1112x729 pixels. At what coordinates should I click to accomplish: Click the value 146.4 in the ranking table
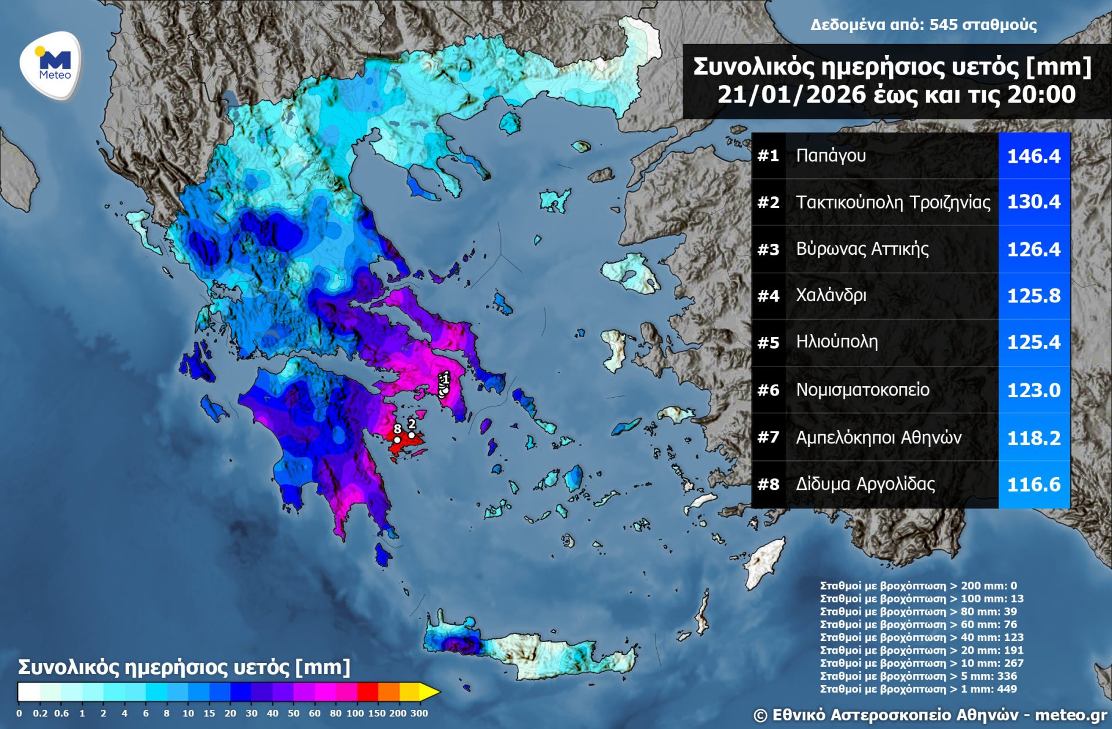click(1033, 156)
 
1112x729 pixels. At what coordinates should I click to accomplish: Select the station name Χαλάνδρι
click(831, 295)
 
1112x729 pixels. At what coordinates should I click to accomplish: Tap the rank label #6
click(768, 390)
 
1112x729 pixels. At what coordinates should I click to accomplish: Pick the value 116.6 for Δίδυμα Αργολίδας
click(1033, 484)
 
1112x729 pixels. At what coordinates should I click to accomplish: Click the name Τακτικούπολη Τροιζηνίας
click(892, 202)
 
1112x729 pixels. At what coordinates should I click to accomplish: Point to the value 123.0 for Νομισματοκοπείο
click(1033, 390)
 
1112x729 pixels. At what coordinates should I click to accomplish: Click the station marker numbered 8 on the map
click(397, 439)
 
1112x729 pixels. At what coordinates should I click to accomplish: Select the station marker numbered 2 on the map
click(411, 435)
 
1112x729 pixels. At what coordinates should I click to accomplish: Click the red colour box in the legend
click(367, 691)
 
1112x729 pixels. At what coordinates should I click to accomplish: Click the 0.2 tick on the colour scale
click(40, 713)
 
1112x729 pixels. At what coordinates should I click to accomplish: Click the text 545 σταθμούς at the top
click(982, 24)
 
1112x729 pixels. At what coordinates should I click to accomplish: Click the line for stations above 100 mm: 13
click(921, 598)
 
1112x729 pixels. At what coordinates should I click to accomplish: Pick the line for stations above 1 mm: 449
click(918, 688)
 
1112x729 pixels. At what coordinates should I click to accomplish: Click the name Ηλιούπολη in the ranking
click(836, 342)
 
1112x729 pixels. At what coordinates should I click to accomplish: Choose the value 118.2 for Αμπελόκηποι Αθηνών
click(1033, 437)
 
